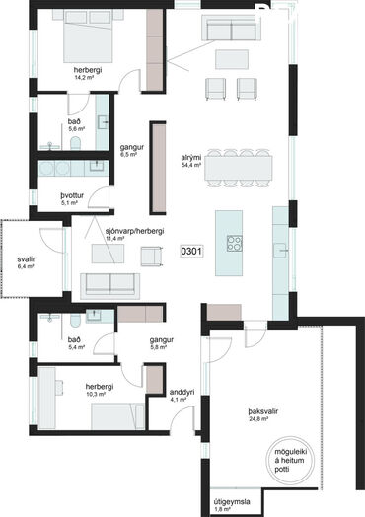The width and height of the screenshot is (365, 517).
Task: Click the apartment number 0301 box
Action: click(191, 252)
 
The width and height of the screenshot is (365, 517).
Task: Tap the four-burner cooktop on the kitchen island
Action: click(235, 244)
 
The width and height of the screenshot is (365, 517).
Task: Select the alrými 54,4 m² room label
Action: click(191, 161)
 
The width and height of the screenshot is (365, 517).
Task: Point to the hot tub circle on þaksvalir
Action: click(290, 461)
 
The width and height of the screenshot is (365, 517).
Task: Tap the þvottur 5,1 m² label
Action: click(72, 199)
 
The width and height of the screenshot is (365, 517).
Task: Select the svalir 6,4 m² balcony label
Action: click(26, 262)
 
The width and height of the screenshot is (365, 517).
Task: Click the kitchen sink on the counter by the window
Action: click(280, 251)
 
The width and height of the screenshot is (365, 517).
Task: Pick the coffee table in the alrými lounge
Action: click(232, 59)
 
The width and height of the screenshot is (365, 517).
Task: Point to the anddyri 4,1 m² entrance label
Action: click(182, 396)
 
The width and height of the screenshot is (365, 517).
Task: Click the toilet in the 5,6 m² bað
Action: click(76, 143)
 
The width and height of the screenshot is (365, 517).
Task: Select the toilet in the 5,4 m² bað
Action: click(75, 320)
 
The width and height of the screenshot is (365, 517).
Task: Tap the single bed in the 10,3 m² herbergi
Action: click(117, 416)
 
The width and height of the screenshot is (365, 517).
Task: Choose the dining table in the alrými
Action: click(239, 168)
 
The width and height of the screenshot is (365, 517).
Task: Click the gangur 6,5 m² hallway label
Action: click(131, 150)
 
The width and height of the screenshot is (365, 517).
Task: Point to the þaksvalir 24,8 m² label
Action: click(262, 415)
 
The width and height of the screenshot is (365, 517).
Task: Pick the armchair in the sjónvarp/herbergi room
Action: click(152, 257)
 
